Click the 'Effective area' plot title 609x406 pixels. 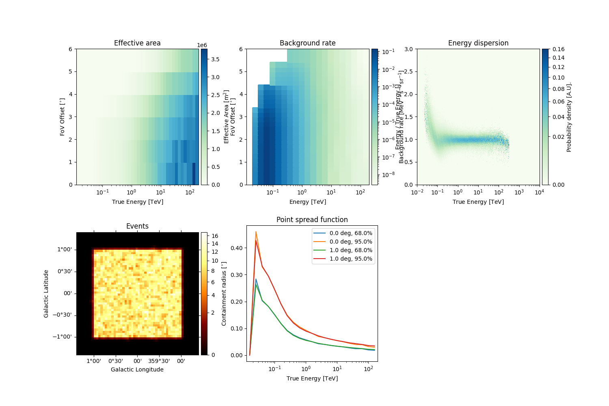137,43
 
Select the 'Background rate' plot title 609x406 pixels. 307,43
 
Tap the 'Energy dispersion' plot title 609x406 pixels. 478,43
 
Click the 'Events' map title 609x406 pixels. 137,226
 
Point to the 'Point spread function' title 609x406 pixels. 312,220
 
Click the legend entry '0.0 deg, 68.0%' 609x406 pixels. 351,233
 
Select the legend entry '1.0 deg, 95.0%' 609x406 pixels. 351,259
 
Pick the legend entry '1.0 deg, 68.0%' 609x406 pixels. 351,250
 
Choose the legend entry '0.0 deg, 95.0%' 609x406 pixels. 351,242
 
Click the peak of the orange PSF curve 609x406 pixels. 256,232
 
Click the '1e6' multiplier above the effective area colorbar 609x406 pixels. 202,45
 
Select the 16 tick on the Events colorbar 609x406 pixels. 215,236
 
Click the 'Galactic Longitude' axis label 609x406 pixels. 137,369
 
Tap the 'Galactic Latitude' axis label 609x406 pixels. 46,294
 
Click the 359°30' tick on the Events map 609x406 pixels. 159,361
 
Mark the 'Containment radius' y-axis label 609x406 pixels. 224,294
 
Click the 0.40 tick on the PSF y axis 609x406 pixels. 237,248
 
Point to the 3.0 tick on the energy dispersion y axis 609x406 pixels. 408,49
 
